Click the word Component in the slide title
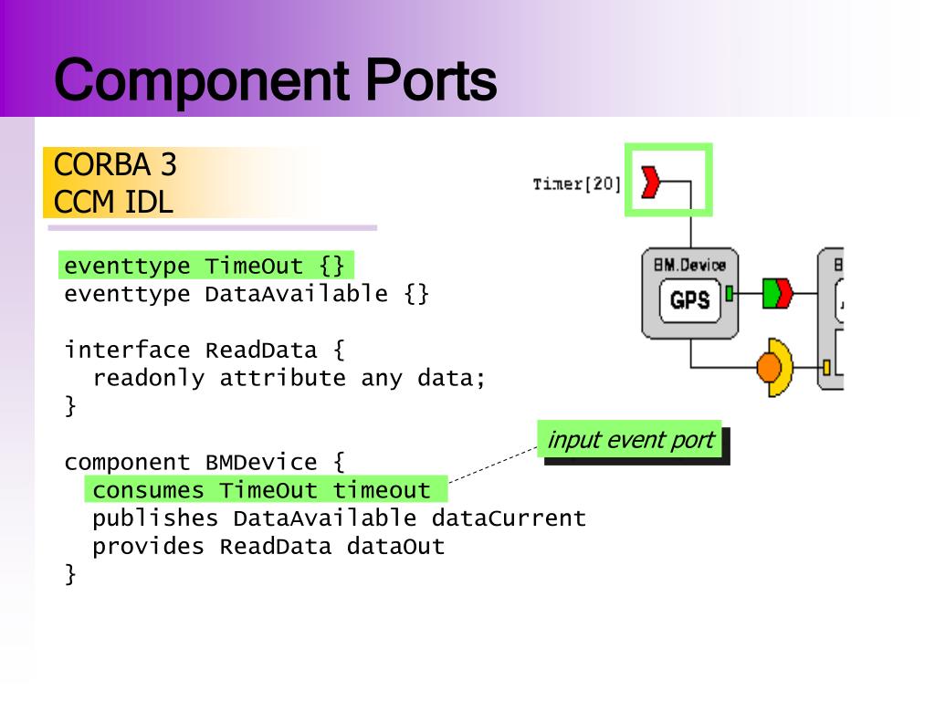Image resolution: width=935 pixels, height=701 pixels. tap(205, 79)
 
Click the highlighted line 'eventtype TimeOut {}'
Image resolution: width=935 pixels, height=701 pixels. tap(205, 266)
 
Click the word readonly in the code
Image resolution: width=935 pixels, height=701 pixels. tap(149, 379)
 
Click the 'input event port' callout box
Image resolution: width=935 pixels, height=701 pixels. tap(630, 440)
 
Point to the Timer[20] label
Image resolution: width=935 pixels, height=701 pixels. tap(576, 183)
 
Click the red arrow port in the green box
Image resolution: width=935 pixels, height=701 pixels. tap(651, 182)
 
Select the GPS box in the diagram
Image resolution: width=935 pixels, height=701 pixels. tap(690, 298)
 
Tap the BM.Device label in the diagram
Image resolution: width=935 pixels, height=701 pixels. tap(689, 265)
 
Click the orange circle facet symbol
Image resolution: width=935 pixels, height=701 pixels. tap(770, 367)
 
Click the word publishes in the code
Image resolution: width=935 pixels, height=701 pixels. tap(156, 518)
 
